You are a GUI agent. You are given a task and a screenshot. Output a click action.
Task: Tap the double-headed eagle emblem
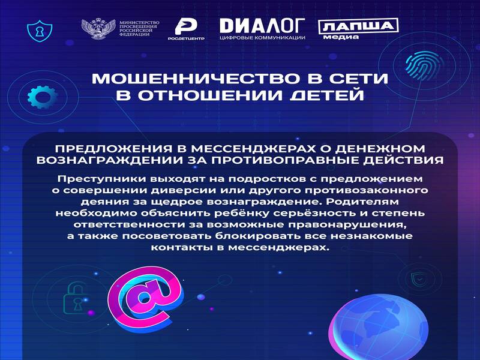(98, 29)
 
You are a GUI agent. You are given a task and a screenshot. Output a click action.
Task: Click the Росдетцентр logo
(186, 29)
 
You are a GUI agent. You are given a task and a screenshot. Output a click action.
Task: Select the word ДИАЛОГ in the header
(262, 26)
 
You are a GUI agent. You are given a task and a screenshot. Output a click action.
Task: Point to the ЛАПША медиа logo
(358, 29)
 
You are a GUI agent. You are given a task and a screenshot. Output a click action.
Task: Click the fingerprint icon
(424, 64)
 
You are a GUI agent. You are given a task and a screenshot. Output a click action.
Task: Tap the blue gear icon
(42, 97)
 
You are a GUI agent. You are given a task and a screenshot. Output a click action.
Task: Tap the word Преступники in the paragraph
(101, 178)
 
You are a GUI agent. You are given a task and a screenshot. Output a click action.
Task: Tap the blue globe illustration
(379, 327)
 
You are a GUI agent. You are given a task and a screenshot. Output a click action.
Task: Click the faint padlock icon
(74, 298)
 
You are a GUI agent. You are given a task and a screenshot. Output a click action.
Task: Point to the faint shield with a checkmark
(416, 278)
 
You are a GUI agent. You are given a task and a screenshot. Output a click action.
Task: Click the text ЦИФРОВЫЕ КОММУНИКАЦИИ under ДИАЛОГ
(262, 38)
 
